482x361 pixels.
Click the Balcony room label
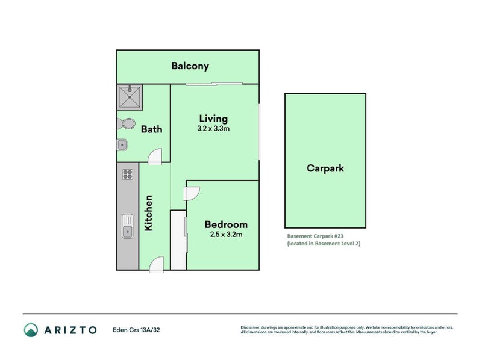[x=190, y=66]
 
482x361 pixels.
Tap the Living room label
[x=213, y=118]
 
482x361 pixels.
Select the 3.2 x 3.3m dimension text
[x=213, y=128]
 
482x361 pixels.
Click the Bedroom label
[x=225, y=224]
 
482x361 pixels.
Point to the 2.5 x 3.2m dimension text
[x=225, y=235]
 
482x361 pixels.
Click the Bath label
[x=151, y=129]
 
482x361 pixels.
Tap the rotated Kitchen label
[x=148, y=213]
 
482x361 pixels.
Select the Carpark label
[x=325, y=168]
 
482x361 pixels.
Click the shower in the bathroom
[x=130, y=97]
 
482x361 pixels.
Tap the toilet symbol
[x=126, y=124]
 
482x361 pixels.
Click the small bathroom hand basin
[x=122, y=144]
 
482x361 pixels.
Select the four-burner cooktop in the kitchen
[x=127, y=174]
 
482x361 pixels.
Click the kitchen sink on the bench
[x=127, y=225]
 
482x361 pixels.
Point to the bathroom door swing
[x=155, y=158]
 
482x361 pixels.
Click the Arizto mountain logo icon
[x=31, y=329]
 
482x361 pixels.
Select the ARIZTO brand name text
[x=70, y=330]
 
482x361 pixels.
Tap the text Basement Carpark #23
[x=314, y=236]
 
